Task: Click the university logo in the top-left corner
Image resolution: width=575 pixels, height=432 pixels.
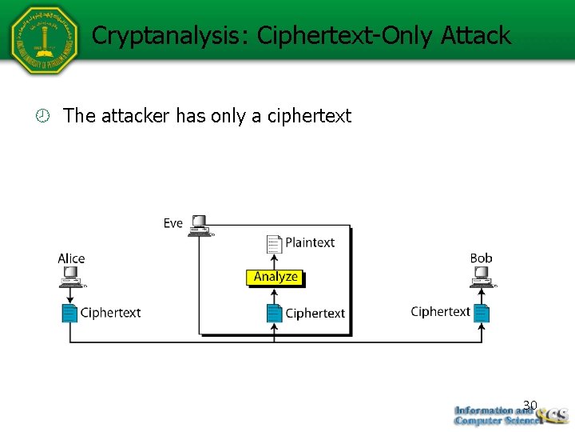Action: coord(45,40)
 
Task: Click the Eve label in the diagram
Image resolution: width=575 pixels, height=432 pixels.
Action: coord(173,223)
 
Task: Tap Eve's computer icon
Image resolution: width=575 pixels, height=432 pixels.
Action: coord(199,225)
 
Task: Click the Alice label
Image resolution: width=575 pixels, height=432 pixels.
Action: coord(71,258)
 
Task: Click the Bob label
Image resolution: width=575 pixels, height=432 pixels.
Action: coord(481,258)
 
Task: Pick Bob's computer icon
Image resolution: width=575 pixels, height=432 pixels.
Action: coord(482,277)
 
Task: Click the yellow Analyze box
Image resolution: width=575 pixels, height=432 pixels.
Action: coord(276,278)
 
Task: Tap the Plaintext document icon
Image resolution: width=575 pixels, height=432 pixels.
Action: coord(274,243)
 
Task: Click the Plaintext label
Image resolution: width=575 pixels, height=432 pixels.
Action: coord(310,242)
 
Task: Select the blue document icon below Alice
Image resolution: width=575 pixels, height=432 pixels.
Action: coord(69,313)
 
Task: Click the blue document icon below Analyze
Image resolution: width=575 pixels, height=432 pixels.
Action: coord(274,313)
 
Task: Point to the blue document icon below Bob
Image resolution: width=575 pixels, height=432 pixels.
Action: coord(481,312)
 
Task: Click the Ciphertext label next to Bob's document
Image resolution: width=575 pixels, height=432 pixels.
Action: coord(440,312)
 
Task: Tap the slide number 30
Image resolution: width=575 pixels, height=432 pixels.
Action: coord(529,405)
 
